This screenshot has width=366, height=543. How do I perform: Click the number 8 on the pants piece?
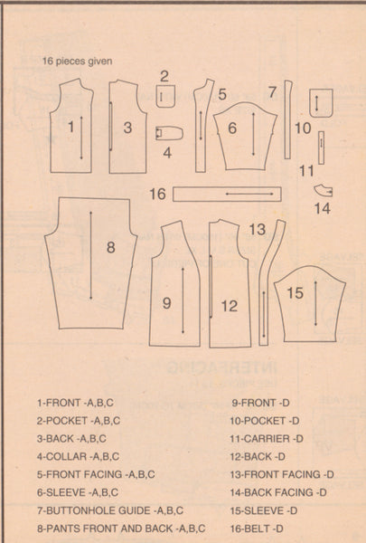click(x=110, y=248)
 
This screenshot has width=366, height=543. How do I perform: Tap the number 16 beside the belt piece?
click(x=157, y=194)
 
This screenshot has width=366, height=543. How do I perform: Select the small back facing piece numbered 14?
click(x=324, y=191)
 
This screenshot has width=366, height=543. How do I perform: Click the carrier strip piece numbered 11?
click(x=321, y=148)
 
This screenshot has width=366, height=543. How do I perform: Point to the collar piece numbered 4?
click(x=169, y=133)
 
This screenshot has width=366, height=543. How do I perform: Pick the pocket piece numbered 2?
click(x=165, y=96)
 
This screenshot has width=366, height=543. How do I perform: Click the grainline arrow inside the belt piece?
click(x=249, y=194)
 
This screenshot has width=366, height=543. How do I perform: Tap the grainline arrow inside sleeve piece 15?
click(x=315, y=303)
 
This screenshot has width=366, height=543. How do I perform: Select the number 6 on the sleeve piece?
click(x=232, y=129)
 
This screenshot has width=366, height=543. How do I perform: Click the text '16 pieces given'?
click(x=77, y=62)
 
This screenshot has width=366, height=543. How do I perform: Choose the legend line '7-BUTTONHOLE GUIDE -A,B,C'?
click(x=110, y=510)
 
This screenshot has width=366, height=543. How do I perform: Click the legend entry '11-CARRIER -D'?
click(x=267, y=439)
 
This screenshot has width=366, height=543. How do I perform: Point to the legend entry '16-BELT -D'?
click(x=257, y=529)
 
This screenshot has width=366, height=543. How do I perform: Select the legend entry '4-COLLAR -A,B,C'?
click(x=79, y=456)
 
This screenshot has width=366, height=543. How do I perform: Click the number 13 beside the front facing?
click(x=258, y=230)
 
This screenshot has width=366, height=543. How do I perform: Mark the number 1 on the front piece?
click(x=70, y=127)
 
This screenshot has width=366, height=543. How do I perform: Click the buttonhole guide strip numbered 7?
click(x=287, y=119)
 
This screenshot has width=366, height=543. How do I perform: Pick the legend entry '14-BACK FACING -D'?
click(x=278, y=492)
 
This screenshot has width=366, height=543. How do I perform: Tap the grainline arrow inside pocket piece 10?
click(x=316, y=103)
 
